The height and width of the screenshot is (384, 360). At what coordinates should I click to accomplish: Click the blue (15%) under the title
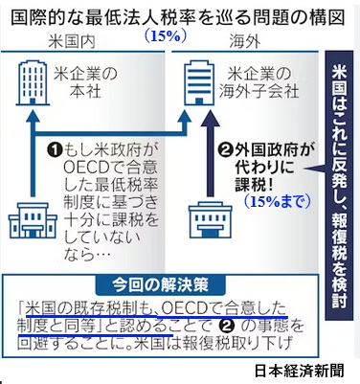coord(166,36)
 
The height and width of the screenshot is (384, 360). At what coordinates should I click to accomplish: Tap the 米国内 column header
coord(72,41)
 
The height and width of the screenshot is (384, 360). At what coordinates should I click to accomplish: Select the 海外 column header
coord(245,41)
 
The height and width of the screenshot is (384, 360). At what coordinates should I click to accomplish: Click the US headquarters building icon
coord(33,84)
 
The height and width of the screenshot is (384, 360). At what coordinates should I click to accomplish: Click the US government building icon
coord(33,220)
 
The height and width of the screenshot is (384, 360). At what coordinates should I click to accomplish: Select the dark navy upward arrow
coord(211,153)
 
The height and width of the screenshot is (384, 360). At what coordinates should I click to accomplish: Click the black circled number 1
coord(56,150)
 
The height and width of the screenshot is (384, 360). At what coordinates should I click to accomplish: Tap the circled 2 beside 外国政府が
coord(226,149)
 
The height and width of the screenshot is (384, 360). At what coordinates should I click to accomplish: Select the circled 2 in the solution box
coord(227,326)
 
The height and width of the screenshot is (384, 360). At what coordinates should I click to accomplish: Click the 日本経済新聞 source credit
coord(300,371)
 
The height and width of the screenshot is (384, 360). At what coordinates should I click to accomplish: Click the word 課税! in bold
coord(257,185)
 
